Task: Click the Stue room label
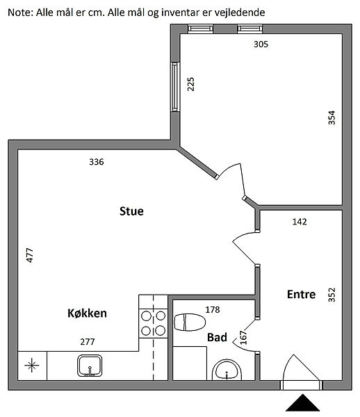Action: pos(131,211)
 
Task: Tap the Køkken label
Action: pos(87,313)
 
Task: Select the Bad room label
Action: pos(217,337)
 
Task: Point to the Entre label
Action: pos(301,295)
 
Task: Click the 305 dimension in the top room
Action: pos(261,44)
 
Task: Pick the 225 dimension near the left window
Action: pos(190,84)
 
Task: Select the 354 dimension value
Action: pos(332,118)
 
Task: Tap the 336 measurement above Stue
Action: pos(97,162)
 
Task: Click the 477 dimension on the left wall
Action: pos(30,255)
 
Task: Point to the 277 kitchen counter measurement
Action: pos(88,341)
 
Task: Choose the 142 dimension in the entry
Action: pos(300,222)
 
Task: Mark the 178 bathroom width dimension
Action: pos(213,309)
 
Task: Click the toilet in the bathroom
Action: pos(190,322)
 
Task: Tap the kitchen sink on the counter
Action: pos(90,366)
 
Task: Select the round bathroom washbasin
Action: pos(227,370)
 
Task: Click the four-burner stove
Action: pos(154,323)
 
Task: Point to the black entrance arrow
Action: pos(302,402)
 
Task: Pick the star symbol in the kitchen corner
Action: pos(32,365)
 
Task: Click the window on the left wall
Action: pos(174,87)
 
